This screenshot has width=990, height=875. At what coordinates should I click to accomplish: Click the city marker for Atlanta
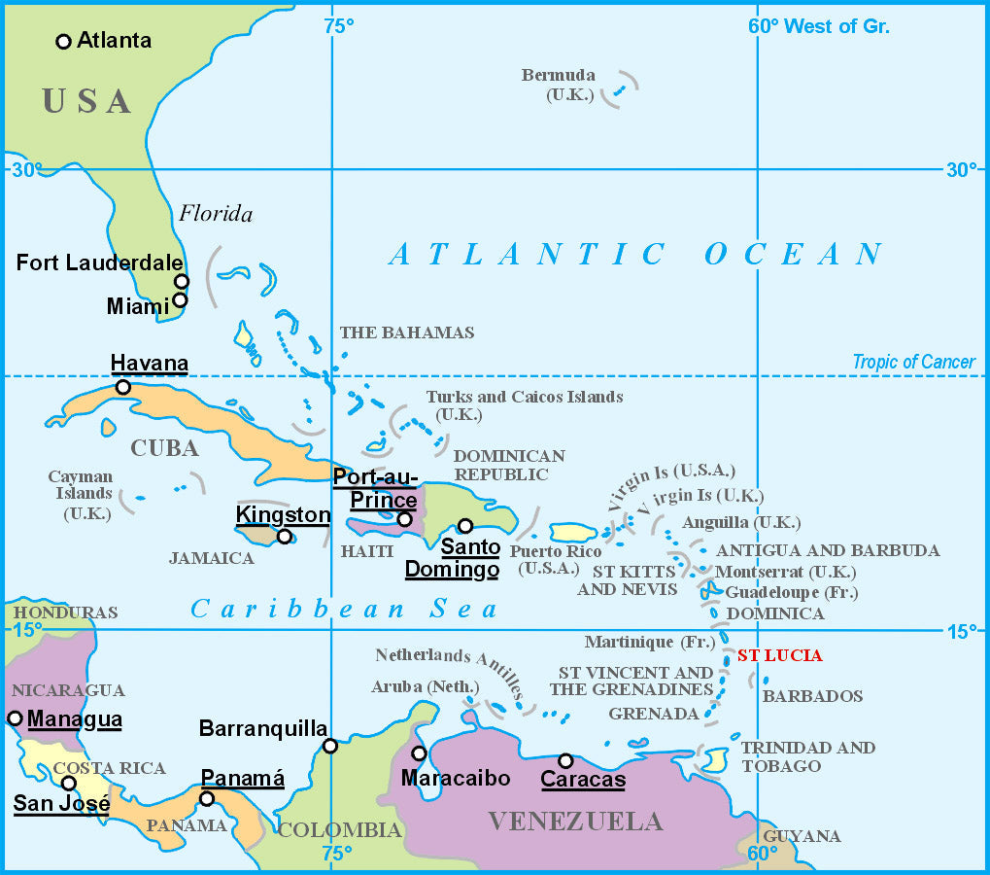click(64, 41)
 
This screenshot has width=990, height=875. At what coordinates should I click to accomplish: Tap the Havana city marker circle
click(123, 387)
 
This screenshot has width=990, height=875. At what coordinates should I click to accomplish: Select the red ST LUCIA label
click(779, 655)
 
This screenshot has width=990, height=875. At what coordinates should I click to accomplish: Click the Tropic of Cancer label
click(913, 363)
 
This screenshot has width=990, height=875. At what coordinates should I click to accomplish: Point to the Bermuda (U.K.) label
click(558, 85)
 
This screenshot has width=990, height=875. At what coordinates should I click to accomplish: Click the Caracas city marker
click(565, 760)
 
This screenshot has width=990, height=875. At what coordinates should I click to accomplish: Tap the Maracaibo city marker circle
click(419, 753)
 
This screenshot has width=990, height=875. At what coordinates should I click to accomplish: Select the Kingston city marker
click(284, 537)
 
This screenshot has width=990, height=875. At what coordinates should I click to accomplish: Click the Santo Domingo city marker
click(465, 526)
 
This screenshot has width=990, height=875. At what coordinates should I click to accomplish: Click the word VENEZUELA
click(575, 822)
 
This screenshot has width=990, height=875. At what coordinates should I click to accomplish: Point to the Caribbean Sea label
click(344, 610)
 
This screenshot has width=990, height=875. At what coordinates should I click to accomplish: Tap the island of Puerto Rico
click(573, 533)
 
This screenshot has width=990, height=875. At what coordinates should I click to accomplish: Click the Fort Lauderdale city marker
click(182, 281)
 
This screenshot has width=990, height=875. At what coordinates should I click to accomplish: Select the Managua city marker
click(15, 718)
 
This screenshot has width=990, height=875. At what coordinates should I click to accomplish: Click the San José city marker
click(69, 784)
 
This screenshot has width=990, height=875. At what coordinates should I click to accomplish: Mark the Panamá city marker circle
click(206, 799)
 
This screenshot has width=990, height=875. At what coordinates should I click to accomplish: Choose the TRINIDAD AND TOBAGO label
click(807, 756)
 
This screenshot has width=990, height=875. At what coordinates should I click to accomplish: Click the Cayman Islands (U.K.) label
click(81, 495)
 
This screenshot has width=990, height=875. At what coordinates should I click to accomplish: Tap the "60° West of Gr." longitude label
click(818, 26)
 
